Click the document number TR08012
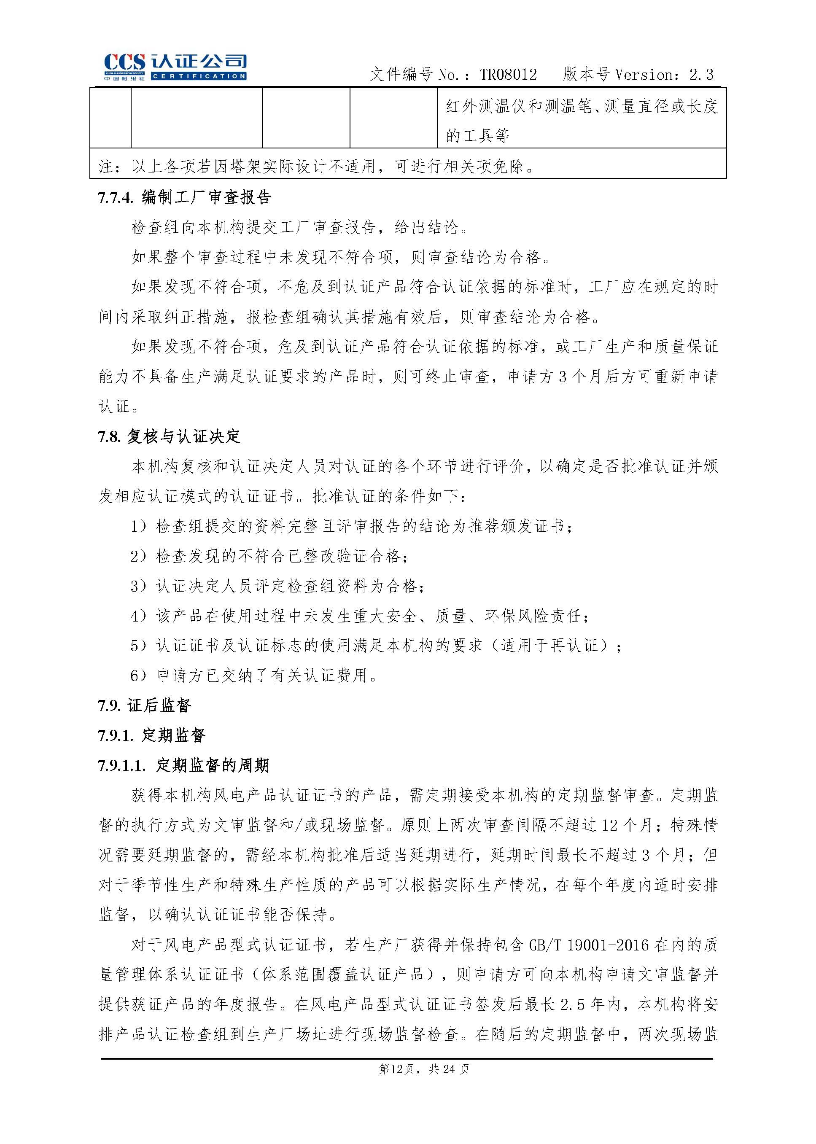click(x=508, y=75)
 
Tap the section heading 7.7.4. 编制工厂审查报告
click(x=184, y=197)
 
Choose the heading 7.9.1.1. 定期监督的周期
click(x=183, y=766)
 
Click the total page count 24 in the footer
click(x=450, y=1069)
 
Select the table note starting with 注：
click(x=317, y=166)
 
